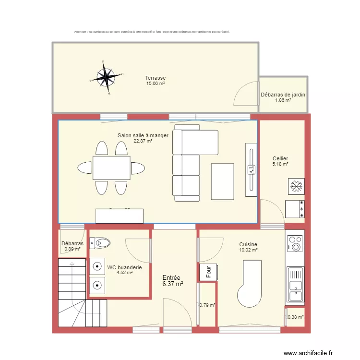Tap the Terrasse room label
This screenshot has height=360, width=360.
156,78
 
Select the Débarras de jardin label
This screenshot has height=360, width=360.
283,95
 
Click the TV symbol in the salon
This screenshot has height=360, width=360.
251,169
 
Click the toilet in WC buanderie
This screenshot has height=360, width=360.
99,243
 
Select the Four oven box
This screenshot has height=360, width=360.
208,272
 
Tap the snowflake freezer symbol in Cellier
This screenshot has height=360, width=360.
295,186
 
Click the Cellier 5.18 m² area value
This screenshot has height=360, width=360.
280,164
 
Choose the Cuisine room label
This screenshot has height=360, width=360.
248,244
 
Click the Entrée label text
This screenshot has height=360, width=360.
171,278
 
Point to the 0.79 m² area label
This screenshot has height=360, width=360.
207,305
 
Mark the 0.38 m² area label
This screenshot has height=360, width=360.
295,317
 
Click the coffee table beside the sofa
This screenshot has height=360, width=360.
223,181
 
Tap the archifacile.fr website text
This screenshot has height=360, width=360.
308,353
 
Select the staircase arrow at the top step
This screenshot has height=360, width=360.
72,263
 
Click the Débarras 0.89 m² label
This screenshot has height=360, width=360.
72,244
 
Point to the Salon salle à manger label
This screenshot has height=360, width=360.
143,136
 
